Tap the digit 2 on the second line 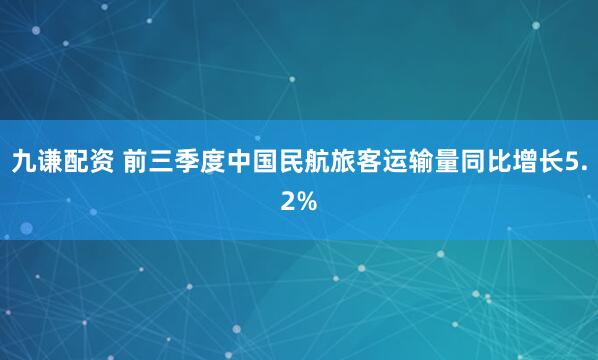[x=288, y=202]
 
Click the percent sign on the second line [x=307, y=202]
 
